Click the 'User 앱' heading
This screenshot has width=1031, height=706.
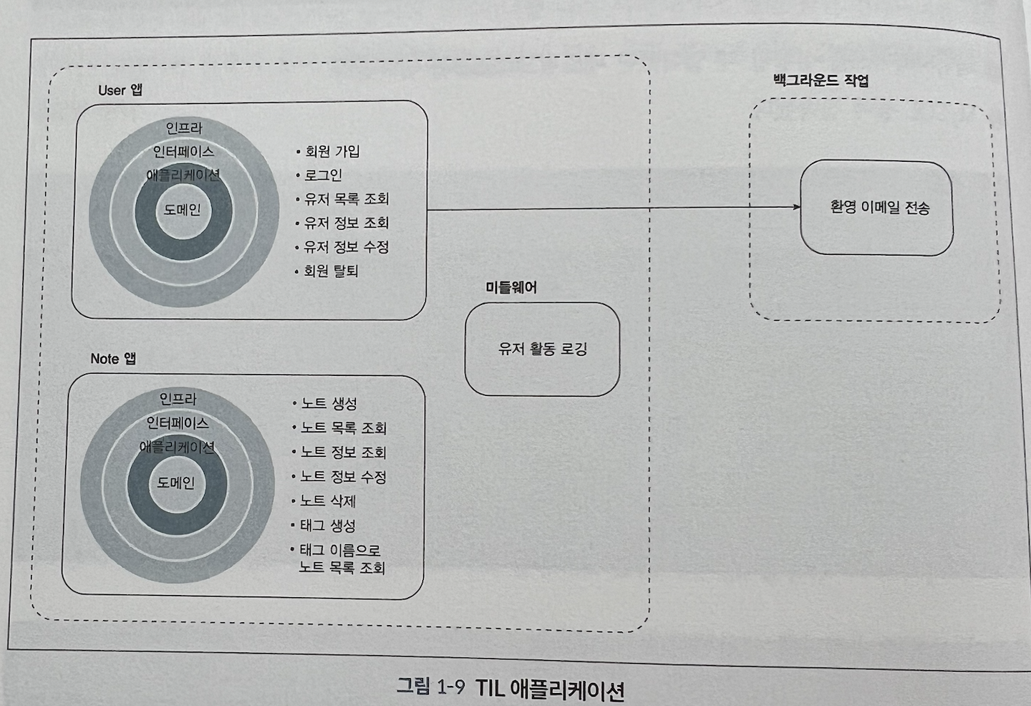(120, 90)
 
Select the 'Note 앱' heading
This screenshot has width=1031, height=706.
(113, 359)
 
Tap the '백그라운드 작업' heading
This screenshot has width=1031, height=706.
(821, 79)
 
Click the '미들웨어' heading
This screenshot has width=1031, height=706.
(511, 288)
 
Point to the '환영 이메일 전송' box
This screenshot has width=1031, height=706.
(876, 208)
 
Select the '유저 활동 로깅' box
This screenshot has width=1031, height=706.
(542, 349)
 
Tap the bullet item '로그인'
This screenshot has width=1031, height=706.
(323, 175)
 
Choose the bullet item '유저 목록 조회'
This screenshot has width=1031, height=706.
(347, 199)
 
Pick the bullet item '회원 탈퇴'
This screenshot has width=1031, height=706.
(331, 271)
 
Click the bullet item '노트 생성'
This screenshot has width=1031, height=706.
(329, 404)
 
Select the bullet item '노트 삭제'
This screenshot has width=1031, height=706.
(328, 501)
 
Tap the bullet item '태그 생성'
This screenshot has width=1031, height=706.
(327, 526)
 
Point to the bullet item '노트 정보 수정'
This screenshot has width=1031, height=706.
(343, 477)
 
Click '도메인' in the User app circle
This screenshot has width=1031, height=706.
(183, 210)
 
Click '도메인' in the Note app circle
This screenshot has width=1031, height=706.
(175, 483)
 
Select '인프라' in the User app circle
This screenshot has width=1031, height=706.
(184, 128)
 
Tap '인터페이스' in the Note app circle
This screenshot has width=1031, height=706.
(178, 423)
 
